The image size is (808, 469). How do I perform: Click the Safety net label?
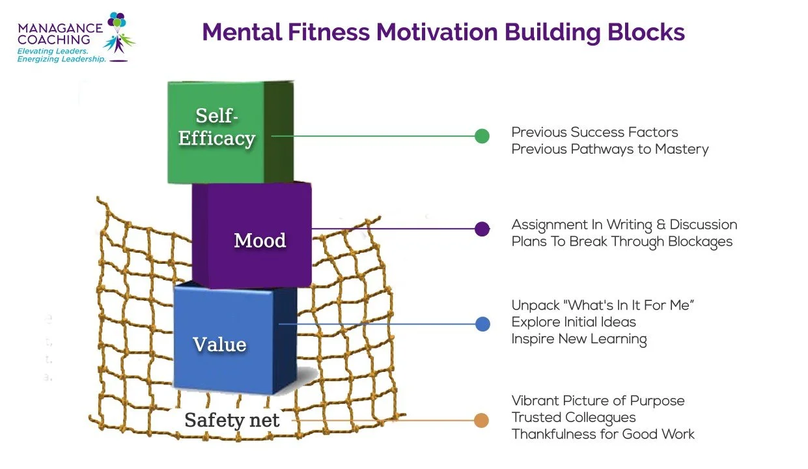[x=232, y=420]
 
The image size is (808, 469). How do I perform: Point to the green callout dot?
[x=482, y=136]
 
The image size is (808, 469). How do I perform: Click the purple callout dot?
[x=482, y=229]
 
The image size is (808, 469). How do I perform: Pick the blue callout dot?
[x=482, y=324]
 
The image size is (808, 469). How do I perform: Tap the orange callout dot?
[x=482, y=420]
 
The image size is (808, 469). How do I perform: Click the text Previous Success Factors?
[x=594, y=132]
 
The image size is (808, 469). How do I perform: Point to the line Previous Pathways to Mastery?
[x=609, y=149]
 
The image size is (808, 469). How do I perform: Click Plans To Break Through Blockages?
[x=622, y=242]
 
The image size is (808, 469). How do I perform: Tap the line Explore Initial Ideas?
[x=573, y=322]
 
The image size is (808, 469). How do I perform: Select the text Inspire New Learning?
[x=579, y=339]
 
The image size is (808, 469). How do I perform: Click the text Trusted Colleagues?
[x=573, y=418]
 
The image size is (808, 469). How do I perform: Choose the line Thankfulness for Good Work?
[x=603, y=434]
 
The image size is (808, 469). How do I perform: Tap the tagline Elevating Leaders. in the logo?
[x=53, y=50]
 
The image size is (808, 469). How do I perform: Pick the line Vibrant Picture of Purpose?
[x=598, y=401]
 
